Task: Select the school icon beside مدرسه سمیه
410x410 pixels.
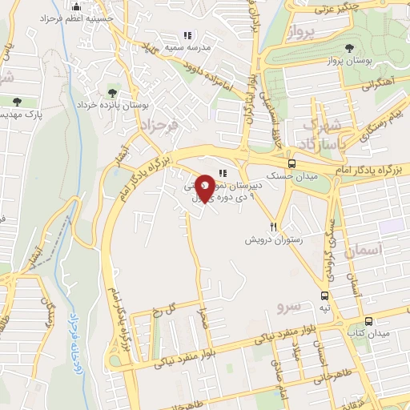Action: click(x=187, y=35)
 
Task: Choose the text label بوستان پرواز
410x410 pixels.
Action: click(x=360, y=61)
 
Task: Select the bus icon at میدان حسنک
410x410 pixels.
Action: click(x=290, y=163)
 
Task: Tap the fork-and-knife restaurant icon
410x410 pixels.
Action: click(x=275, y=227)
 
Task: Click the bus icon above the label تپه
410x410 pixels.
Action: click(x=324, y=294)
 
